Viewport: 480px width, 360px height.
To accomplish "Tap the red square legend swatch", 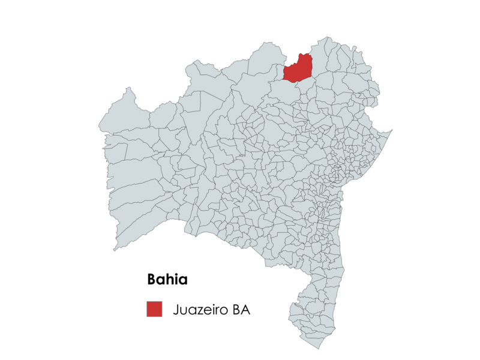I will point(154,309).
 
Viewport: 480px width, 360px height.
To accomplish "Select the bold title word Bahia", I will point(167,280).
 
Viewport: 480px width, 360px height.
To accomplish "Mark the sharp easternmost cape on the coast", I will point(392,130).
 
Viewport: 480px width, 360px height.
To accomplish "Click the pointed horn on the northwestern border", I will point(127,89).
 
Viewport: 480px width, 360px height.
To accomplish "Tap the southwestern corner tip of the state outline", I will point(115,250).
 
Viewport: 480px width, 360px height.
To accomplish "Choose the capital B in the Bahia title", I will point(152,280).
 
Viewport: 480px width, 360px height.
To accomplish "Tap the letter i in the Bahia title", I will point(176,280).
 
